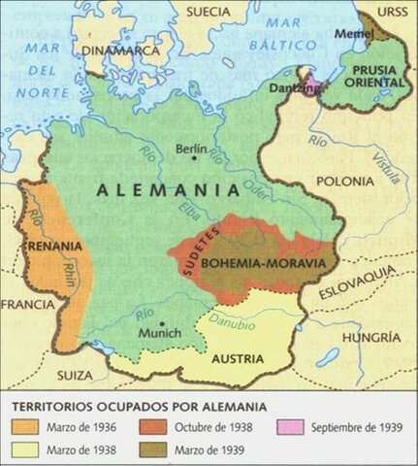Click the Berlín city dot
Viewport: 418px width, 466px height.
pos(190,164)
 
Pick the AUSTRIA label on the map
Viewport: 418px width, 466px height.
pos(238,358)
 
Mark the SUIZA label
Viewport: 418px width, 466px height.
pos(75,374)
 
